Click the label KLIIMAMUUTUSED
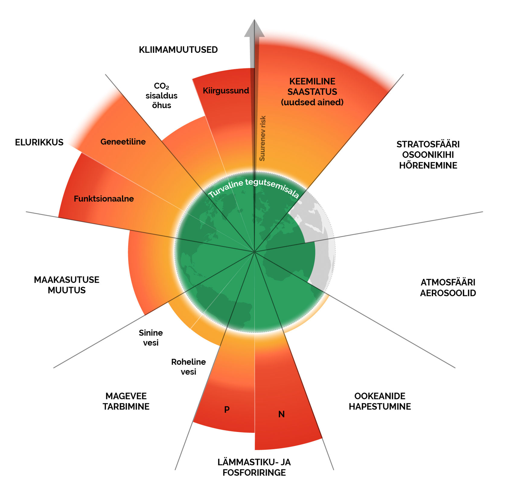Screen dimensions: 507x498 [178, 49]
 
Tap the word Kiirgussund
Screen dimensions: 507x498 [226, 91]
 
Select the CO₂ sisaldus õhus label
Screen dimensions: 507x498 [161, 95]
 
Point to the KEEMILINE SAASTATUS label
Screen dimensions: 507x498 [312, 92]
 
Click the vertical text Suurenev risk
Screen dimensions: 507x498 [262, 138]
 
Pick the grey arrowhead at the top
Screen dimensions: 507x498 [254, 28]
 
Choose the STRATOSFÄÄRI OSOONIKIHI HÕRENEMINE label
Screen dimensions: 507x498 [428, 155]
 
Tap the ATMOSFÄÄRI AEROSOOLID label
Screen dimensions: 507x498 [448, 288]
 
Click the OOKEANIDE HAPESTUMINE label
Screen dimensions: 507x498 [380, 401]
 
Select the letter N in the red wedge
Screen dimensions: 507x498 [281, 414]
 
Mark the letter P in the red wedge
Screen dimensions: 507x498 [227, 410]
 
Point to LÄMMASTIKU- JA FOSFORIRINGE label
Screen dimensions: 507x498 [254, 467]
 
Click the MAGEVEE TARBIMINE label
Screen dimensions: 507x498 [126, 401]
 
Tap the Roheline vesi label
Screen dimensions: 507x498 [188, 367]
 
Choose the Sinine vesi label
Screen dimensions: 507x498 [151, 337]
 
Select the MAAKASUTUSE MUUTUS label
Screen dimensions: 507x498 [66, 285]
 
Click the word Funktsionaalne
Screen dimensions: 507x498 [104, 199]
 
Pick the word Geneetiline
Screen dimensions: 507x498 [123, 142]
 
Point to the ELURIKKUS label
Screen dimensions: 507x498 [39, 142]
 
